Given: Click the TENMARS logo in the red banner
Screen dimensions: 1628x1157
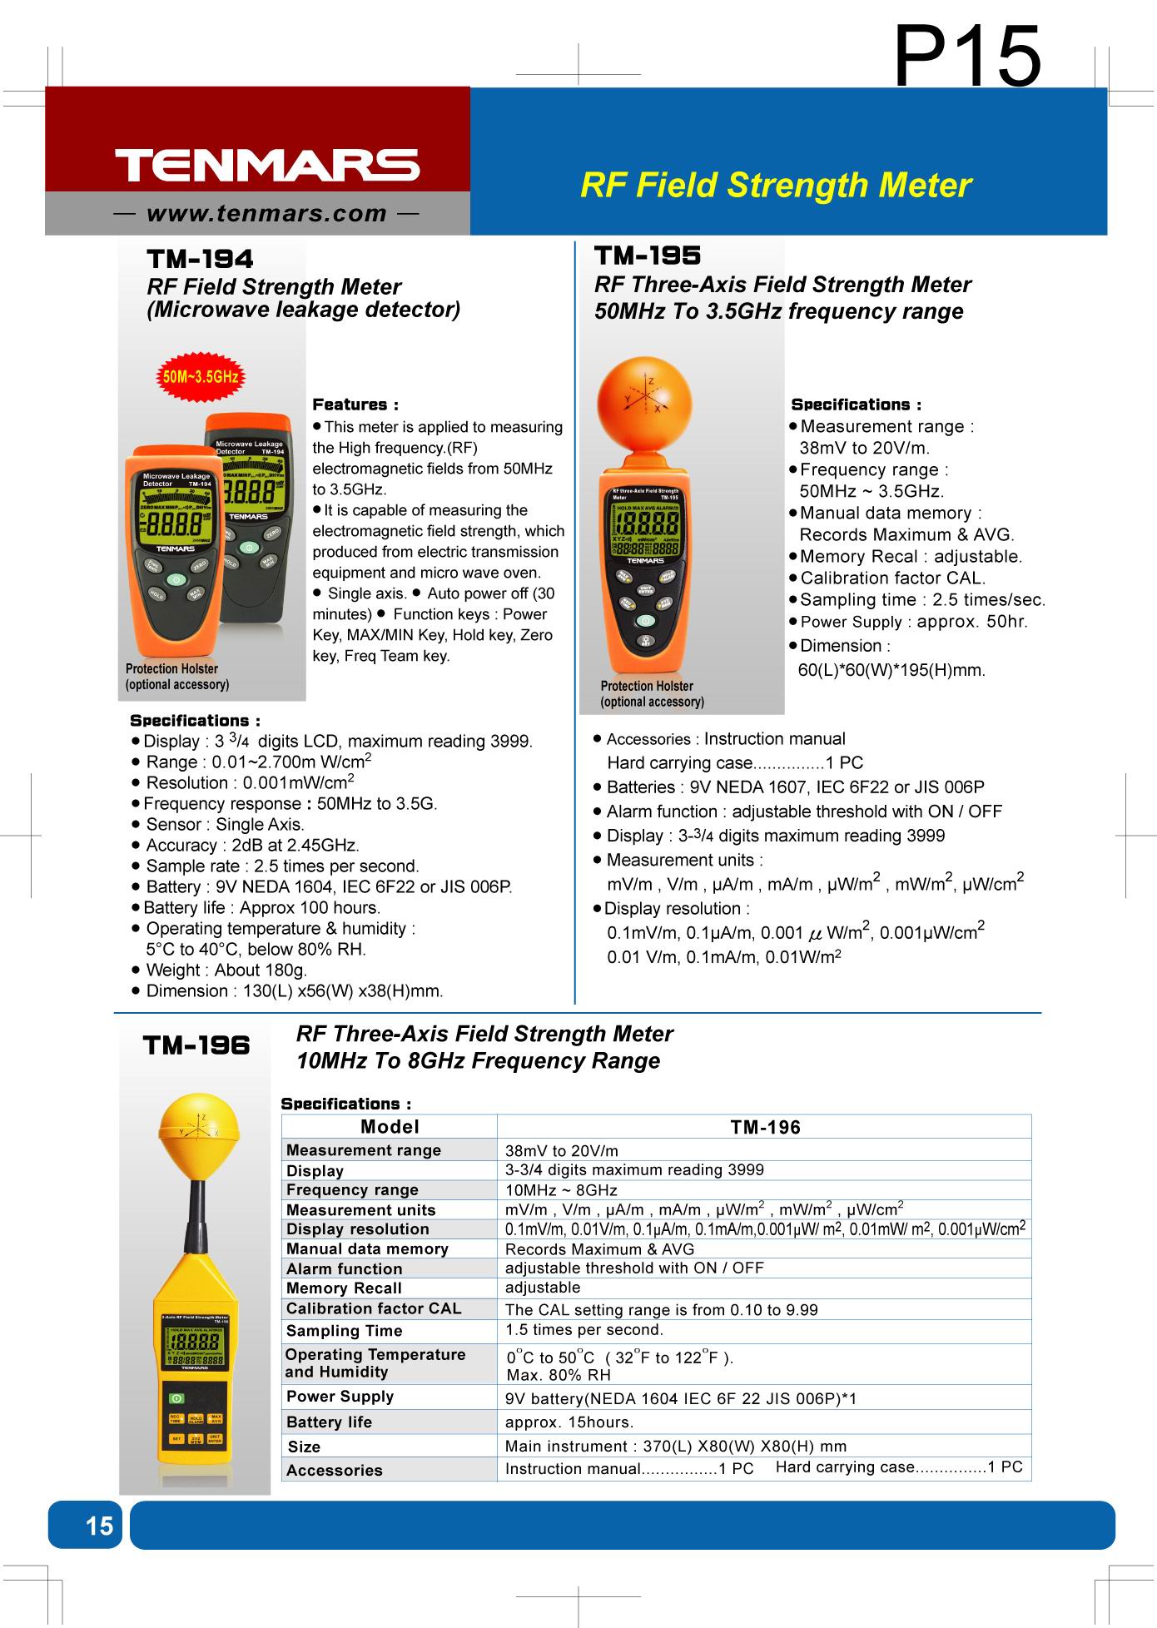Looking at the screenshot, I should [266, 165].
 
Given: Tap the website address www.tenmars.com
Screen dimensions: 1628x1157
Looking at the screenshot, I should [266, 214].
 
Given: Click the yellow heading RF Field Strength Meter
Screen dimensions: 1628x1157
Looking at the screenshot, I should [775, 185].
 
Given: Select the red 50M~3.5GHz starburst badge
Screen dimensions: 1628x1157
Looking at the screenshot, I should [201, 377].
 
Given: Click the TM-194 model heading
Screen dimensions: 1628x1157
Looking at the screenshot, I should [200, 259].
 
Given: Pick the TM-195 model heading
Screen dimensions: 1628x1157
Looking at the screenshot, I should [648, 256].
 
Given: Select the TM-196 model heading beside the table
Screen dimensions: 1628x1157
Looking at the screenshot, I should [196, 1045].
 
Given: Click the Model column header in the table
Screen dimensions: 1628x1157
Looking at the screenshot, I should [390, 1127].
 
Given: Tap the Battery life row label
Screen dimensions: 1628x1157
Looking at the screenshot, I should [329, 1422].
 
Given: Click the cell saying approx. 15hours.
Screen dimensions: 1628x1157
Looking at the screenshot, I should [569, 1422].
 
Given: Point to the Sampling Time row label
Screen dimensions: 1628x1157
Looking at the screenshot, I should [344, 1331].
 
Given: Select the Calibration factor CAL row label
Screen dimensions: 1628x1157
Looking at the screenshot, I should [373, 1308].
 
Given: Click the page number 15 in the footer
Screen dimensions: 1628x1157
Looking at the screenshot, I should [99, 1525].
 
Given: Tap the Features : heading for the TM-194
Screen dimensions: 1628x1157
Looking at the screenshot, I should [355, 405].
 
